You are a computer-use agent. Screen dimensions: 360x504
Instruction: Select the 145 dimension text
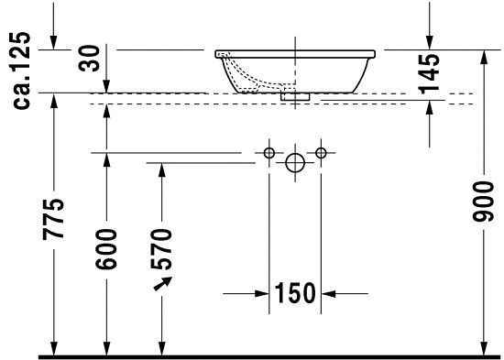pos(428,73)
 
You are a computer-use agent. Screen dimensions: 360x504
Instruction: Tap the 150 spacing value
pos(295,294)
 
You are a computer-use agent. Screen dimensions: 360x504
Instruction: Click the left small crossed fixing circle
pos(269,152)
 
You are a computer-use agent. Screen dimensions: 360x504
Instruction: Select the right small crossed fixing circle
pos(321,152)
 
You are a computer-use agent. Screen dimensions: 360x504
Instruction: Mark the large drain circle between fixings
pos(295,163)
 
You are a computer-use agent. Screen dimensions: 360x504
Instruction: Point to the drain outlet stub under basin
pos(295,94)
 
